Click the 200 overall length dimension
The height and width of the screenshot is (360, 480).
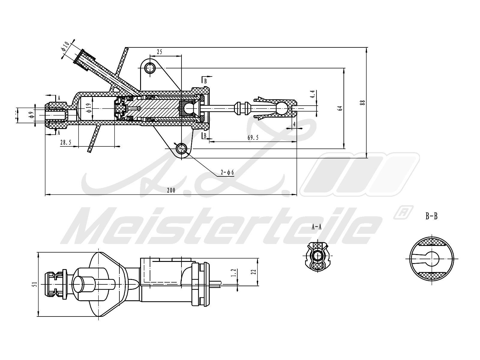171,190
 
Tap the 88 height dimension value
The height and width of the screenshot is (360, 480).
363,102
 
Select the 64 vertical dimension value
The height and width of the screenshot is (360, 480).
340,108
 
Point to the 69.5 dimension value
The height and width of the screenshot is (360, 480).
253,138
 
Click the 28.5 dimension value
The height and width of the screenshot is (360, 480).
66,143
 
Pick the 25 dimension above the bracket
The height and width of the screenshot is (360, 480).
159,52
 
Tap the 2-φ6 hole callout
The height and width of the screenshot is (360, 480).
227,172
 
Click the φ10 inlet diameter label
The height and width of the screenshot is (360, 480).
65,47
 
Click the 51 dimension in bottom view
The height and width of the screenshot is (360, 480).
35,284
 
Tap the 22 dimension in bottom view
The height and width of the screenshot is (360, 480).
254,271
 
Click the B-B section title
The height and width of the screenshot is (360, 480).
431,216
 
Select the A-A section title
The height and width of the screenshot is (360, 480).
316,227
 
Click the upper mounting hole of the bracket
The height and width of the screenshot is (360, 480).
150,68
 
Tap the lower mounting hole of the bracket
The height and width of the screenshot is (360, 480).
181,148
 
